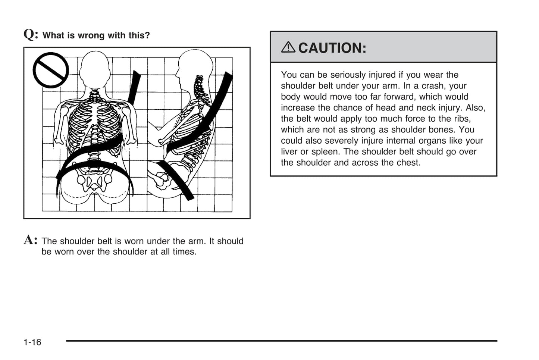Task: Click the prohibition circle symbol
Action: click(51, 70)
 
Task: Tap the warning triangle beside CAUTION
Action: click(288, 47)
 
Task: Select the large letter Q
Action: click(30, 34)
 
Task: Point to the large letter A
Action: click(30, 240)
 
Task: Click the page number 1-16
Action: click(32, 342)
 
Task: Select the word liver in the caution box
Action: click(289, 152)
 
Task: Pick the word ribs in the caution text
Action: click(462, 119)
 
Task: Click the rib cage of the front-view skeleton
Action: click(95, 123)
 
